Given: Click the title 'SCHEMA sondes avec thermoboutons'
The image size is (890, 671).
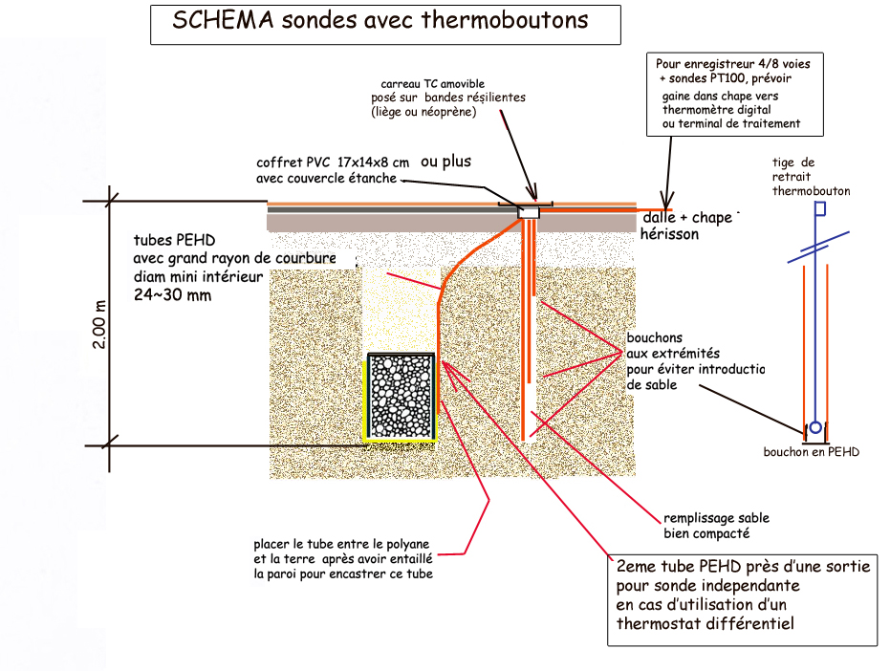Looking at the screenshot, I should coord(380,21).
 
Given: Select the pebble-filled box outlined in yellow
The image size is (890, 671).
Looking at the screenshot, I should coord(402,397).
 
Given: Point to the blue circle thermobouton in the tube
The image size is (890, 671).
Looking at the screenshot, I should coord(814,427).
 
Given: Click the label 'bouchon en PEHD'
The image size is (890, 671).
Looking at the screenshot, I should coord(811,451).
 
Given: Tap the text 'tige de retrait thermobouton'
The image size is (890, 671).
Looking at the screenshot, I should coord(811,177).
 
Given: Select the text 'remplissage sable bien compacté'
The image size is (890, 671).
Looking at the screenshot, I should coord(705,526).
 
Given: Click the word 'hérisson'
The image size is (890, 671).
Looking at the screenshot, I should coord(668,234).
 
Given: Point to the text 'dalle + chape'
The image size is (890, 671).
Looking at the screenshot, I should coord(685,218).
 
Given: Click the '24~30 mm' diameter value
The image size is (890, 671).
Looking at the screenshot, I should coord(172,297).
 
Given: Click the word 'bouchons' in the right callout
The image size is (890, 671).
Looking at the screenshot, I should coord(655,337).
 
